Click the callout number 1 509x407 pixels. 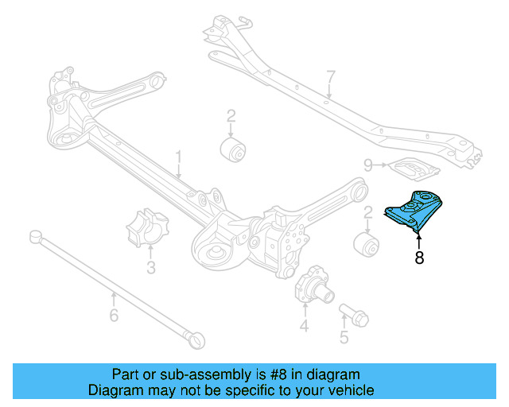179,156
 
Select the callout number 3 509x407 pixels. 151,268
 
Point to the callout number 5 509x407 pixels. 344,337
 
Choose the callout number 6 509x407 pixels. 114,316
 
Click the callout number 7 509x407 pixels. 330,77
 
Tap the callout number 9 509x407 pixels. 368,165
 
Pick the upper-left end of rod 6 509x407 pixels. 35,235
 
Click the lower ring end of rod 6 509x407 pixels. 196,339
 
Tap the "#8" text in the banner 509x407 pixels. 297,374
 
